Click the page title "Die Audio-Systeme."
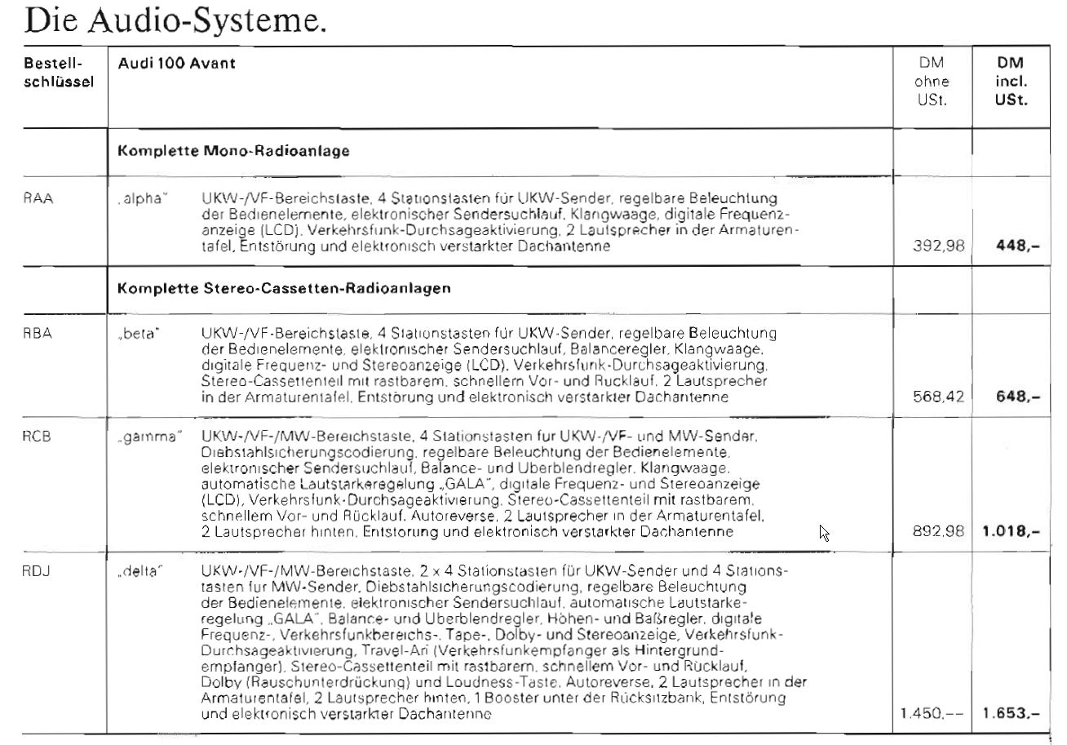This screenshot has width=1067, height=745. [x=176, y=20]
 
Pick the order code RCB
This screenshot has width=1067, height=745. [x=38, y=436]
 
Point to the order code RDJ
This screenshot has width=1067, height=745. [x=38, y=571]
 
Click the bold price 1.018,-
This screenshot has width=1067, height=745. [x=1011, y=532]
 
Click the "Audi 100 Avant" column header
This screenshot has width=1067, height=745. [x=177, y=63]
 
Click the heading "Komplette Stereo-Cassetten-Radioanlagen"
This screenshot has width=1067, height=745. [x=284, y=289]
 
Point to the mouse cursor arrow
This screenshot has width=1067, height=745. [x=824, y=532]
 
